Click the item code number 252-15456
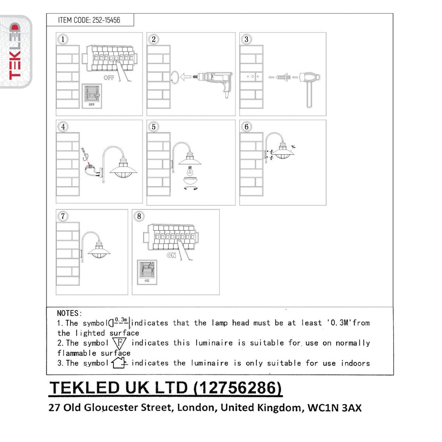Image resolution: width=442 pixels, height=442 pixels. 106,20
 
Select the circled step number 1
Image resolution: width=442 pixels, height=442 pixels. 63,39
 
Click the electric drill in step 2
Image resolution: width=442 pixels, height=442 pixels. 214,82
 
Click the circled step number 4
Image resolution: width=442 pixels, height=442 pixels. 63,127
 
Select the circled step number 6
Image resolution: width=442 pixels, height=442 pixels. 246,127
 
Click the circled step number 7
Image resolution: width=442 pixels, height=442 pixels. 63,216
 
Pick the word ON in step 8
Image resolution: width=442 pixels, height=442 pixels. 171,256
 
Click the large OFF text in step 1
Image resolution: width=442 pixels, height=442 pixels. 109,78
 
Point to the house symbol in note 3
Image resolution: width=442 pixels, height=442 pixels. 119,363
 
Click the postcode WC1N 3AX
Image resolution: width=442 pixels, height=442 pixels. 334,407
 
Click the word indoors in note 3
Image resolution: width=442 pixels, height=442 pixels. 355,363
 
